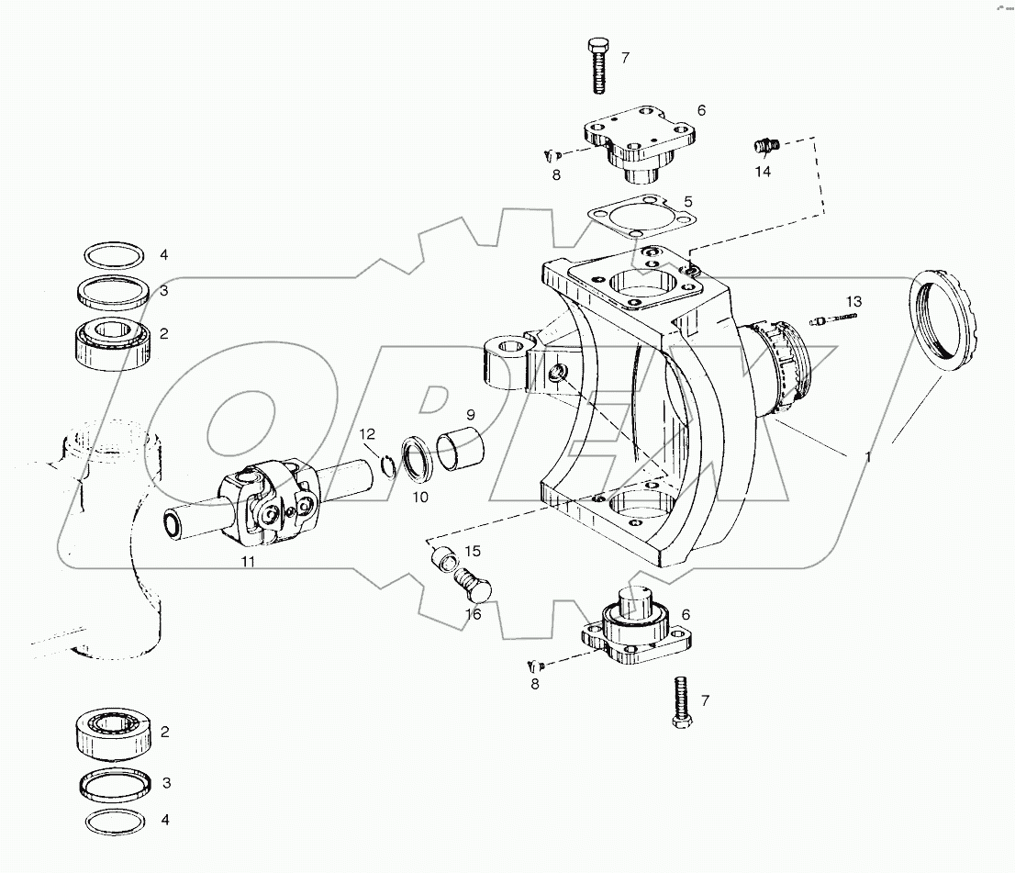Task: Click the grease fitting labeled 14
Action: pos(764,145)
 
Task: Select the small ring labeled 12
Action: pos(389,466)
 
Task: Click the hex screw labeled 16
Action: pos(473,583)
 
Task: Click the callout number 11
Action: pos(248,561)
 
